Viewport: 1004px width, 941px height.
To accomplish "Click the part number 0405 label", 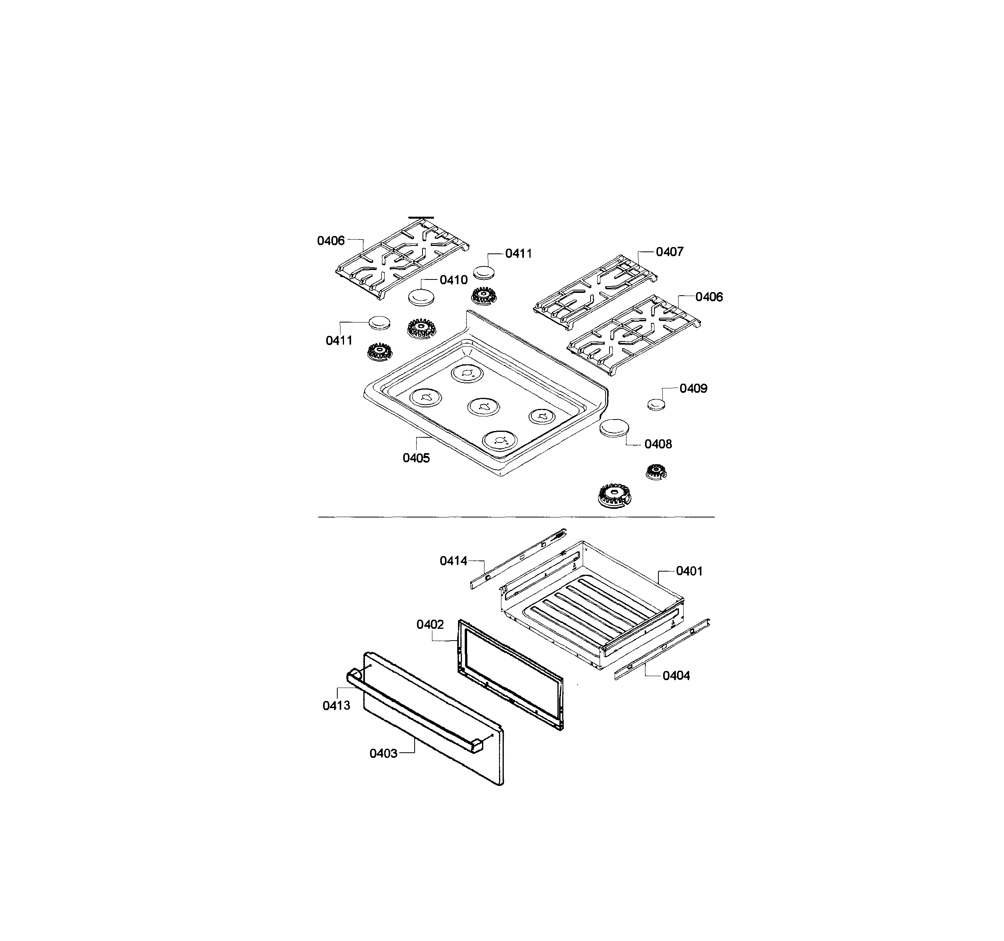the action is pos(416,458).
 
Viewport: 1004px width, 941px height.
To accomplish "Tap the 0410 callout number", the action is pos(454,280).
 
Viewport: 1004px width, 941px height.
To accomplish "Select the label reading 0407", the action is pos(670,252).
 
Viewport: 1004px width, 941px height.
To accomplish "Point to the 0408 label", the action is pos(658,444).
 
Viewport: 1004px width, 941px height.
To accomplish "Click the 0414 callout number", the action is pos(454,560).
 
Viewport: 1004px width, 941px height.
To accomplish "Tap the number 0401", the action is pos(689,571).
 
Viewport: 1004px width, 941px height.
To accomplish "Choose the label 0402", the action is pos(430,625).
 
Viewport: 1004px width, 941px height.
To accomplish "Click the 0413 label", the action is pos(337,705).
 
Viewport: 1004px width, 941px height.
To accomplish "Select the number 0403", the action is pos(383,754).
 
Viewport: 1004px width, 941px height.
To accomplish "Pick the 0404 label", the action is pos(676,676).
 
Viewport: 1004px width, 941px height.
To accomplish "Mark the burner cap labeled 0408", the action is pos(615,428).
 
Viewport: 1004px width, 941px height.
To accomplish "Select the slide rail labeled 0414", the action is pos(518,559).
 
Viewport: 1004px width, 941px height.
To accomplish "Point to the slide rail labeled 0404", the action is pos(662,649).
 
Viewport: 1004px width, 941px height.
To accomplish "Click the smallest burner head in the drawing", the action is pos(656,472).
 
